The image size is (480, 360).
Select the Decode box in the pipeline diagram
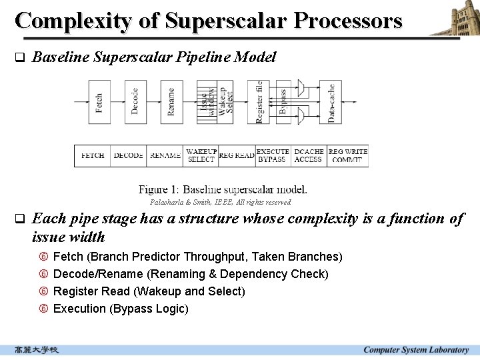click(x=136, y=102)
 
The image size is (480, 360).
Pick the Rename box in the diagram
click(x=172, y=102)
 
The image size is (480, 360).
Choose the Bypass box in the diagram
click(x=283, y=102)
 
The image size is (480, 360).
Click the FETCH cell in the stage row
click(x=92, y=156)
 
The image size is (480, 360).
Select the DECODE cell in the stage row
click(x=129, y=156)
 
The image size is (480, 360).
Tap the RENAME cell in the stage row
click(x=165, y=156)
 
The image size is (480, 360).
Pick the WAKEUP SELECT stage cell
click(x=201, y=156)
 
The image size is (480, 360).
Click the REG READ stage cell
click(x=236, y=156)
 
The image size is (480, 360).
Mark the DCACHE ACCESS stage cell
click(x=309, y=156)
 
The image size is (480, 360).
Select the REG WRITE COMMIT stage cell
click(x=347, y=156)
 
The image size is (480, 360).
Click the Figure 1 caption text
click(x=223, y=189)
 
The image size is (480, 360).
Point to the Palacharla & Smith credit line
click(x=220, y=202)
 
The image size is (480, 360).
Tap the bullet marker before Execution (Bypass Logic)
click(x=43, y=309)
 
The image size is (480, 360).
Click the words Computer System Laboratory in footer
click(x=415, y=350)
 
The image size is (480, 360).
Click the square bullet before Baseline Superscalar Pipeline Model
click(x=19, y=57)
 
